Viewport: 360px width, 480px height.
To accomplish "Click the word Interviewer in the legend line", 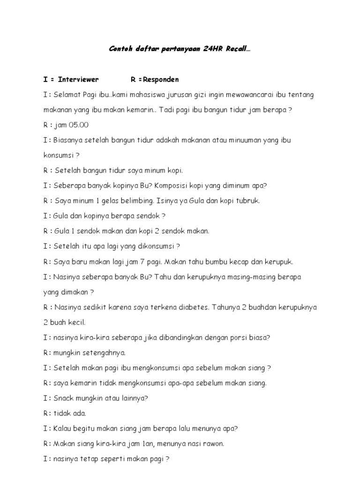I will point(78,80).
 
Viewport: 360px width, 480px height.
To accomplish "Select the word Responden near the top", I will point(158,80).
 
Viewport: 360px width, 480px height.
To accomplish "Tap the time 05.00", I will point(78,125).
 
